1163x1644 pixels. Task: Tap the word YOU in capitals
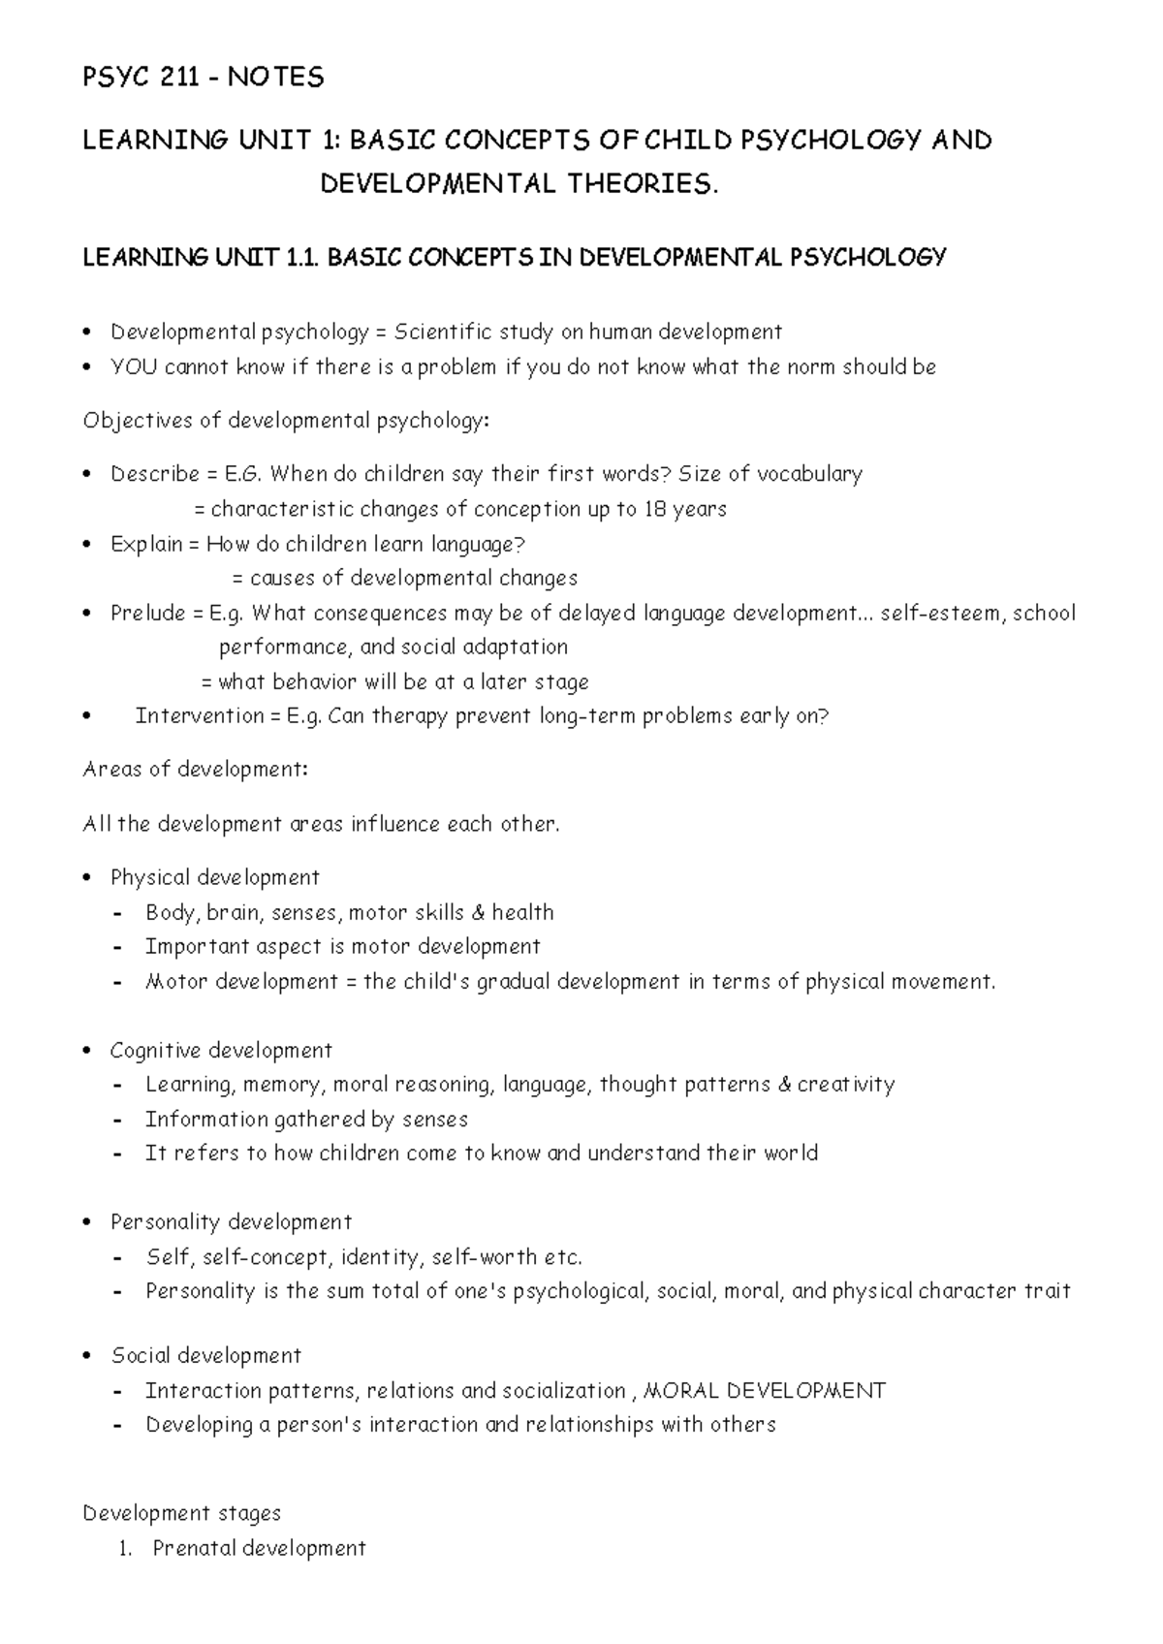pos(133,367)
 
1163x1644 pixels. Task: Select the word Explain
pos(146,545)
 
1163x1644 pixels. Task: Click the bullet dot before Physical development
pos(88,878)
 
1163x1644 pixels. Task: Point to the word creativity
pos(845,1085)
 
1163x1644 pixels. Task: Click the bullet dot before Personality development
pos(88,1222)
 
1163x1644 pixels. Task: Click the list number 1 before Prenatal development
pos(123,1549)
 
